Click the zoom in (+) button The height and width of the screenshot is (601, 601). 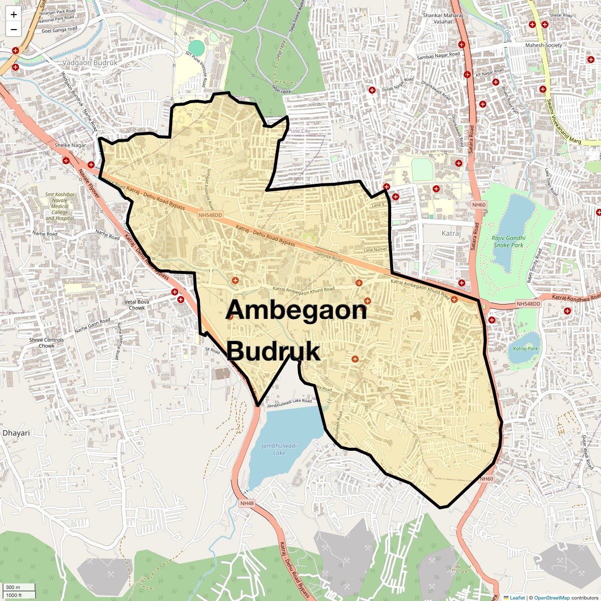pyautogui.click(x=14, y=15)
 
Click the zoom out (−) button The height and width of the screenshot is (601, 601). pyautogui.click(x=14, y=30)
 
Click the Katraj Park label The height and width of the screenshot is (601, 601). pyautogui.click(x=525, y=349)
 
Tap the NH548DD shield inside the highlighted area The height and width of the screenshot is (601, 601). pyautogui.click(x=210, y=215)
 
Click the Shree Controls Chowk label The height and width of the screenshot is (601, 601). pyautogui.click(x=47, y=343)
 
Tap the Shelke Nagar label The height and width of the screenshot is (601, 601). pyautogui.click(x=70, y=145)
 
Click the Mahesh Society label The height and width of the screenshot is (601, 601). pyautogui.click(x=543, y=46)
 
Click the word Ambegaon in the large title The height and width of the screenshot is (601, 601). pyautogui.click(x=296, y=311)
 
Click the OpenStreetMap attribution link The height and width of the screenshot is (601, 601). pyautogui.click(x=552, y=597)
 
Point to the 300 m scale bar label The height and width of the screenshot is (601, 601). pyautogui.click(x=13, y=587)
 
